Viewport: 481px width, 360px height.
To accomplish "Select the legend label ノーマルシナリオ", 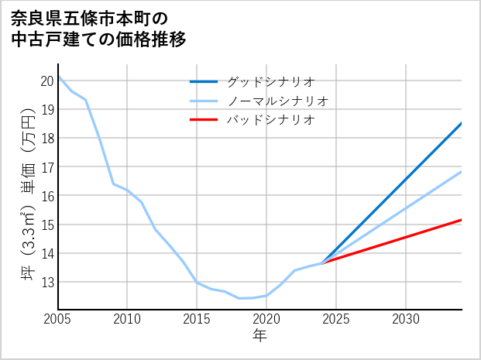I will tap(277, 101).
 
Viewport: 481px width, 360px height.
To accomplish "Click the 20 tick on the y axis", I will tap(46, 81).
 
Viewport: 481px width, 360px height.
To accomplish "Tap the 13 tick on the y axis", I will tap(46, 282).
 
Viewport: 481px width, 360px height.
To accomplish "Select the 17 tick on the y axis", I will tap(46, 167).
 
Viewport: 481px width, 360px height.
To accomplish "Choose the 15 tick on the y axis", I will tap(46, 225).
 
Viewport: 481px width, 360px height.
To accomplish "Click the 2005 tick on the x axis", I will tap(58, 319).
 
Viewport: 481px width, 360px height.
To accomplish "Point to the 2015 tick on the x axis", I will tap(197, 319).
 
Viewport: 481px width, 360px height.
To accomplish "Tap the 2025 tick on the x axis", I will tap(336, 319).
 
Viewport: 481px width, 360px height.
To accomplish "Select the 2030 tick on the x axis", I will tap(406, 319).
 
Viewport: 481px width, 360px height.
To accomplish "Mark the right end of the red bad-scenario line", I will tap(462, 220).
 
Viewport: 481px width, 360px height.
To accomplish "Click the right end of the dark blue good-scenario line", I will tap(462, 123).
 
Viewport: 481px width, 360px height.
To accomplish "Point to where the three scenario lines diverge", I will tap(322, 263).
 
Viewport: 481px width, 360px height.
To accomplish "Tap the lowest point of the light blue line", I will tap(239, 298).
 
